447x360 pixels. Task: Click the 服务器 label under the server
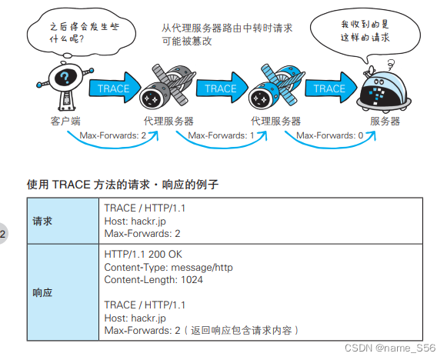[x=385, y=121]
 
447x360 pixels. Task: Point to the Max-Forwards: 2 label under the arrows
[x=112, y=135]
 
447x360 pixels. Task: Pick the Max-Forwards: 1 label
[x=221, y=135]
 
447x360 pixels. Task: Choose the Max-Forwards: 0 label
[x=330, y=135]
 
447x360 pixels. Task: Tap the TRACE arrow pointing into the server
[x=329, y=88]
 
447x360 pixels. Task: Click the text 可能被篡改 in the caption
[x=187, y=41]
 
